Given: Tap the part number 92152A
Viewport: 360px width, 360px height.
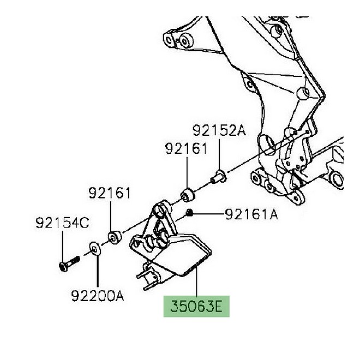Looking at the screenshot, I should pyautogui.click(x=219, y=130).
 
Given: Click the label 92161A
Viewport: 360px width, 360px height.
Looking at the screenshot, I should pyautogui.click(x=251, y=215).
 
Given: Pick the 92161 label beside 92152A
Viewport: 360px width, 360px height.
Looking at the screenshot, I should pyautogui.click(x=187, y=148).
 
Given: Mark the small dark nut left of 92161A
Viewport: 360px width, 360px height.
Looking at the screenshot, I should pyautogui.click(x=188, y=212).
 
